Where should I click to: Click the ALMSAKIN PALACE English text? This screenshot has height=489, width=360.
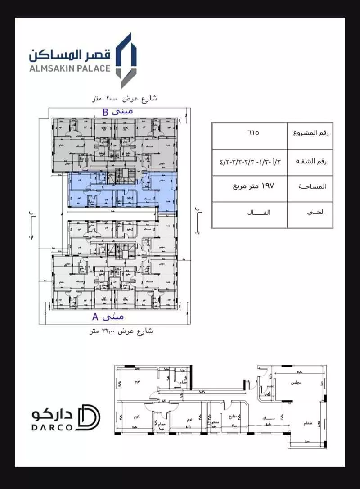[69, 68]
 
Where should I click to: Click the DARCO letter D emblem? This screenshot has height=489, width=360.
[89, 417]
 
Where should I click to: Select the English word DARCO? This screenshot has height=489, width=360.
[52, 427]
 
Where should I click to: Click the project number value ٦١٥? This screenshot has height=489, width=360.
[253, 133]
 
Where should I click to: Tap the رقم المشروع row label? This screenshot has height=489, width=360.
[310, 134]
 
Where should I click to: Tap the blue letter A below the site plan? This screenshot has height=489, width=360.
[95, 317]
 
